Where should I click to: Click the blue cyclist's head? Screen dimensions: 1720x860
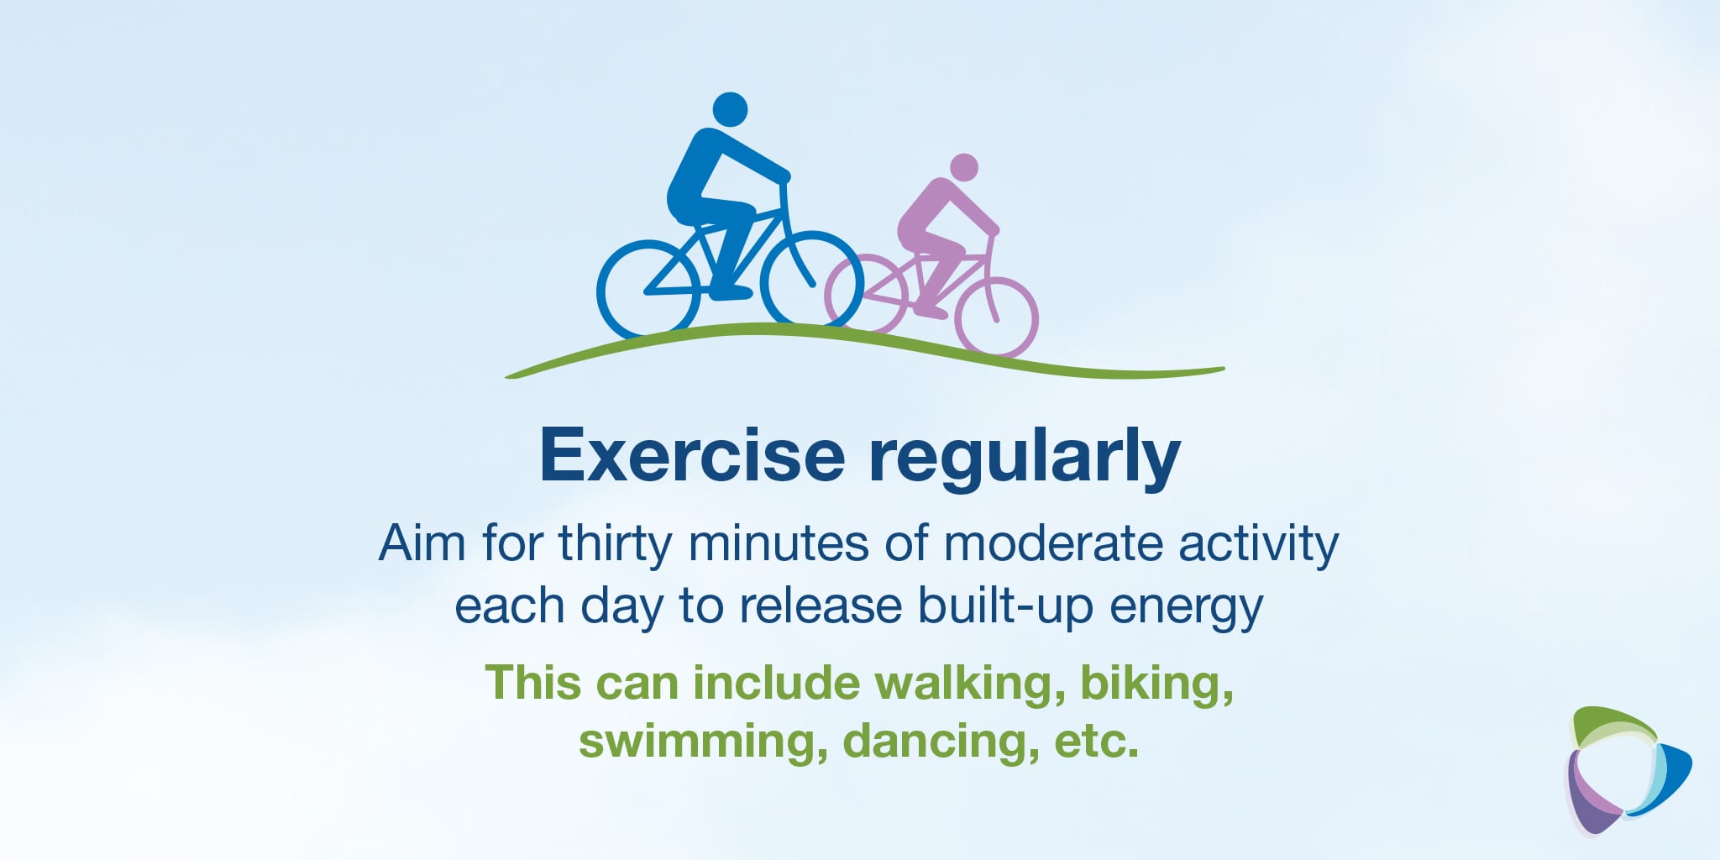click(730, 110)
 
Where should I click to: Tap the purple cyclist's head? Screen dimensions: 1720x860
click(964, 167)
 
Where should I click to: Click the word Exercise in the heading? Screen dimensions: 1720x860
click(692, 455)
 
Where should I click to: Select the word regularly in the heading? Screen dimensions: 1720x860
click(1024, 459)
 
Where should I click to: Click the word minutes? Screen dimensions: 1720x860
click(779, 543)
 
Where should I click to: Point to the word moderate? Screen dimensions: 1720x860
click(1052, 543)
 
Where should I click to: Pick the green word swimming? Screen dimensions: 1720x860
click(703, 742)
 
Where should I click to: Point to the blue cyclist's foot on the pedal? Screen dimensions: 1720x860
click(731, 293)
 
